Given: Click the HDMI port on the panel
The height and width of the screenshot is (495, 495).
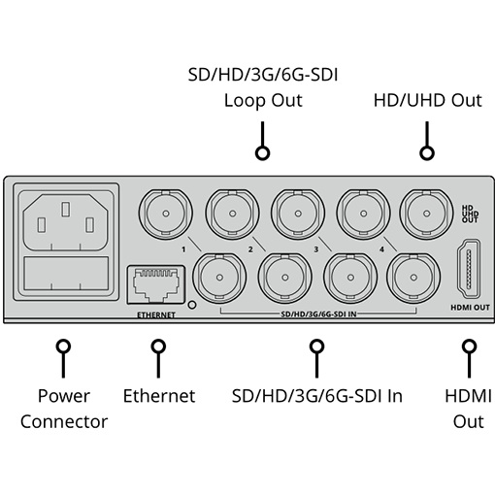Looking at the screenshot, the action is point(469,269).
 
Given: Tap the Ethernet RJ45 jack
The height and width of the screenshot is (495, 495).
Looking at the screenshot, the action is point(156,284).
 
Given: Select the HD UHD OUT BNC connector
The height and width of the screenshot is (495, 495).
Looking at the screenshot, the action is point(427,214).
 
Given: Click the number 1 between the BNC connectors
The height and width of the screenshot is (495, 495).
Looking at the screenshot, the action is point(183,249).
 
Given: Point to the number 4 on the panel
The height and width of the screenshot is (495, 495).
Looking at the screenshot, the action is point(382,249).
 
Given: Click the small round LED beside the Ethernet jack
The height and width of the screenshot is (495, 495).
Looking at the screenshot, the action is point(192,305).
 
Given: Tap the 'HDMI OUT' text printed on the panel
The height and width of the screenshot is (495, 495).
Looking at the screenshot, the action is point(470,308).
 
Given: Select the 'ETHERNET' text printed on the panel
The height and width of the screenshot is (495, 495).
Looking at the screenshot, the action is point(156,314).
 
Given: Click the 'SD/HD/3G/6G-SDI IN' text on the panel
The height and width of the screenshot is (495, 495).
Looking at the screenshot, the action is point(318,313).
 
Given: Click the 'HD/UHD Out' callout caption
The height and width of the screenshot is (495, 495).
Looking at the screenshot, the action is point(428,100).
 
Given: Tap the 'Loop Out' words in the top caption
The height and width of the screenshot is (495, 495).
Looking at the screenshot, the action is point(263,100).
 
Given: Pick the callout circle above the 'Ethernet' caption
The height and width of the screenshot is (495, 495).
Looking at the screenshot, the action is point(158,346).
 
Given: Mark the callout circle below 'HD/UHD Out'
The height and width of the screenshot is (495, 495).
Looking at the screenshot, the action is point(427,152).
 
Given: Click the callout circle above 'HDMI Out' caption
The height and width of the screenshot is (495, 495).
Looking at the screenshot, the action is point(469,346).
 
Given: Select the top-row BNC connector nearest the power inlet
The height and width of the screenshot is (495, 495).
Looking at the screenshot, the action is point(166,214).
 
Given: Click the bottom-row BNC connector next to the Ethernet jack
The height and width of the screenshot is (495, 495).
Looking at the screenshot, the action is point(219,278).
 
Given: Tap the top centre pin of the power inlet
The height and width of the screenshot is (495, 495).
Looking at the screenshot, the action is point(65,210).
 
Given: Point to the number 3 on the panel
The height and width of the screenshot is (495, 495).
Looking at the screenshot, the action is point(316,249).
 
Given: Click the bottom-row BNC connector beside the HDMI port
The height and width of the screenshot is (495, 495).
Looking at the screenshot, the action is point(413,278).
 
